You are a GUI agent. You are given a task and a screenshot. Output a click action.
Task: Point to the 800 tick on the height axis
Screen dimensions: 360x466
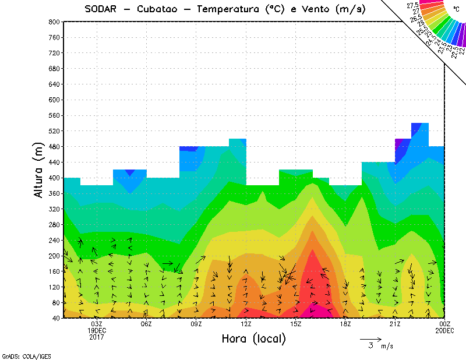(54, 22)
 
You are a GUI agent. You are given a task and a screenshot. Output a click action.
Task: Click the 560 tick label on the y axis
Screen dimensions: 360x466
(54, 115)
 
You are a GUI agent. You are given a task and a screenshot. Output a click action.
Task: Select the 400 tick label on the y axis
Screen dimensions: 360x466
(54, 178)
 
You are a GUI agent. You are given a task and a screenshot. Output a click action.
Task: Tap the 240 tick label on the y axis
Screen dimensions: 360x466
(54, 240)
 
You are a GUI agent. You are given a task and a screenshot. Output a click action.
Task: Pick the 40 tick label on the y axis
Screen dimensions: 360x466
(56, 318)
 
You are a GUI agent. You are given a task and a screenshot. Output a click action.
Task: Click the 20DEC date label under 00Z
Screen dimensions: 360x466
(444, 330)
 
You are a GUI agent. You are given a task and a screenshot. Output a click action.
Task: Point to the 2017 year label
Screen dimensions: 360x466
(97, 337)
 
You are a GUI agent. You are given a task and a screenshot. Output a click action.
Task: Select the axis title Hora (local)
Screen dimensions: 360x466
(253, 338)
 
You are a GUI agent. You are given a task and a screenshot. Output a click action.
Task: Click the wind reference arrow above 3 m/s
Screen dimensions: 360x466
(370, 338)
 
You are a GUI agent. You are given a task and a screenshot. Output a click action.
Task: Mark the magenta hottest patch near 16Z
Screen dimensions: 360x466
(318, 311)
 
